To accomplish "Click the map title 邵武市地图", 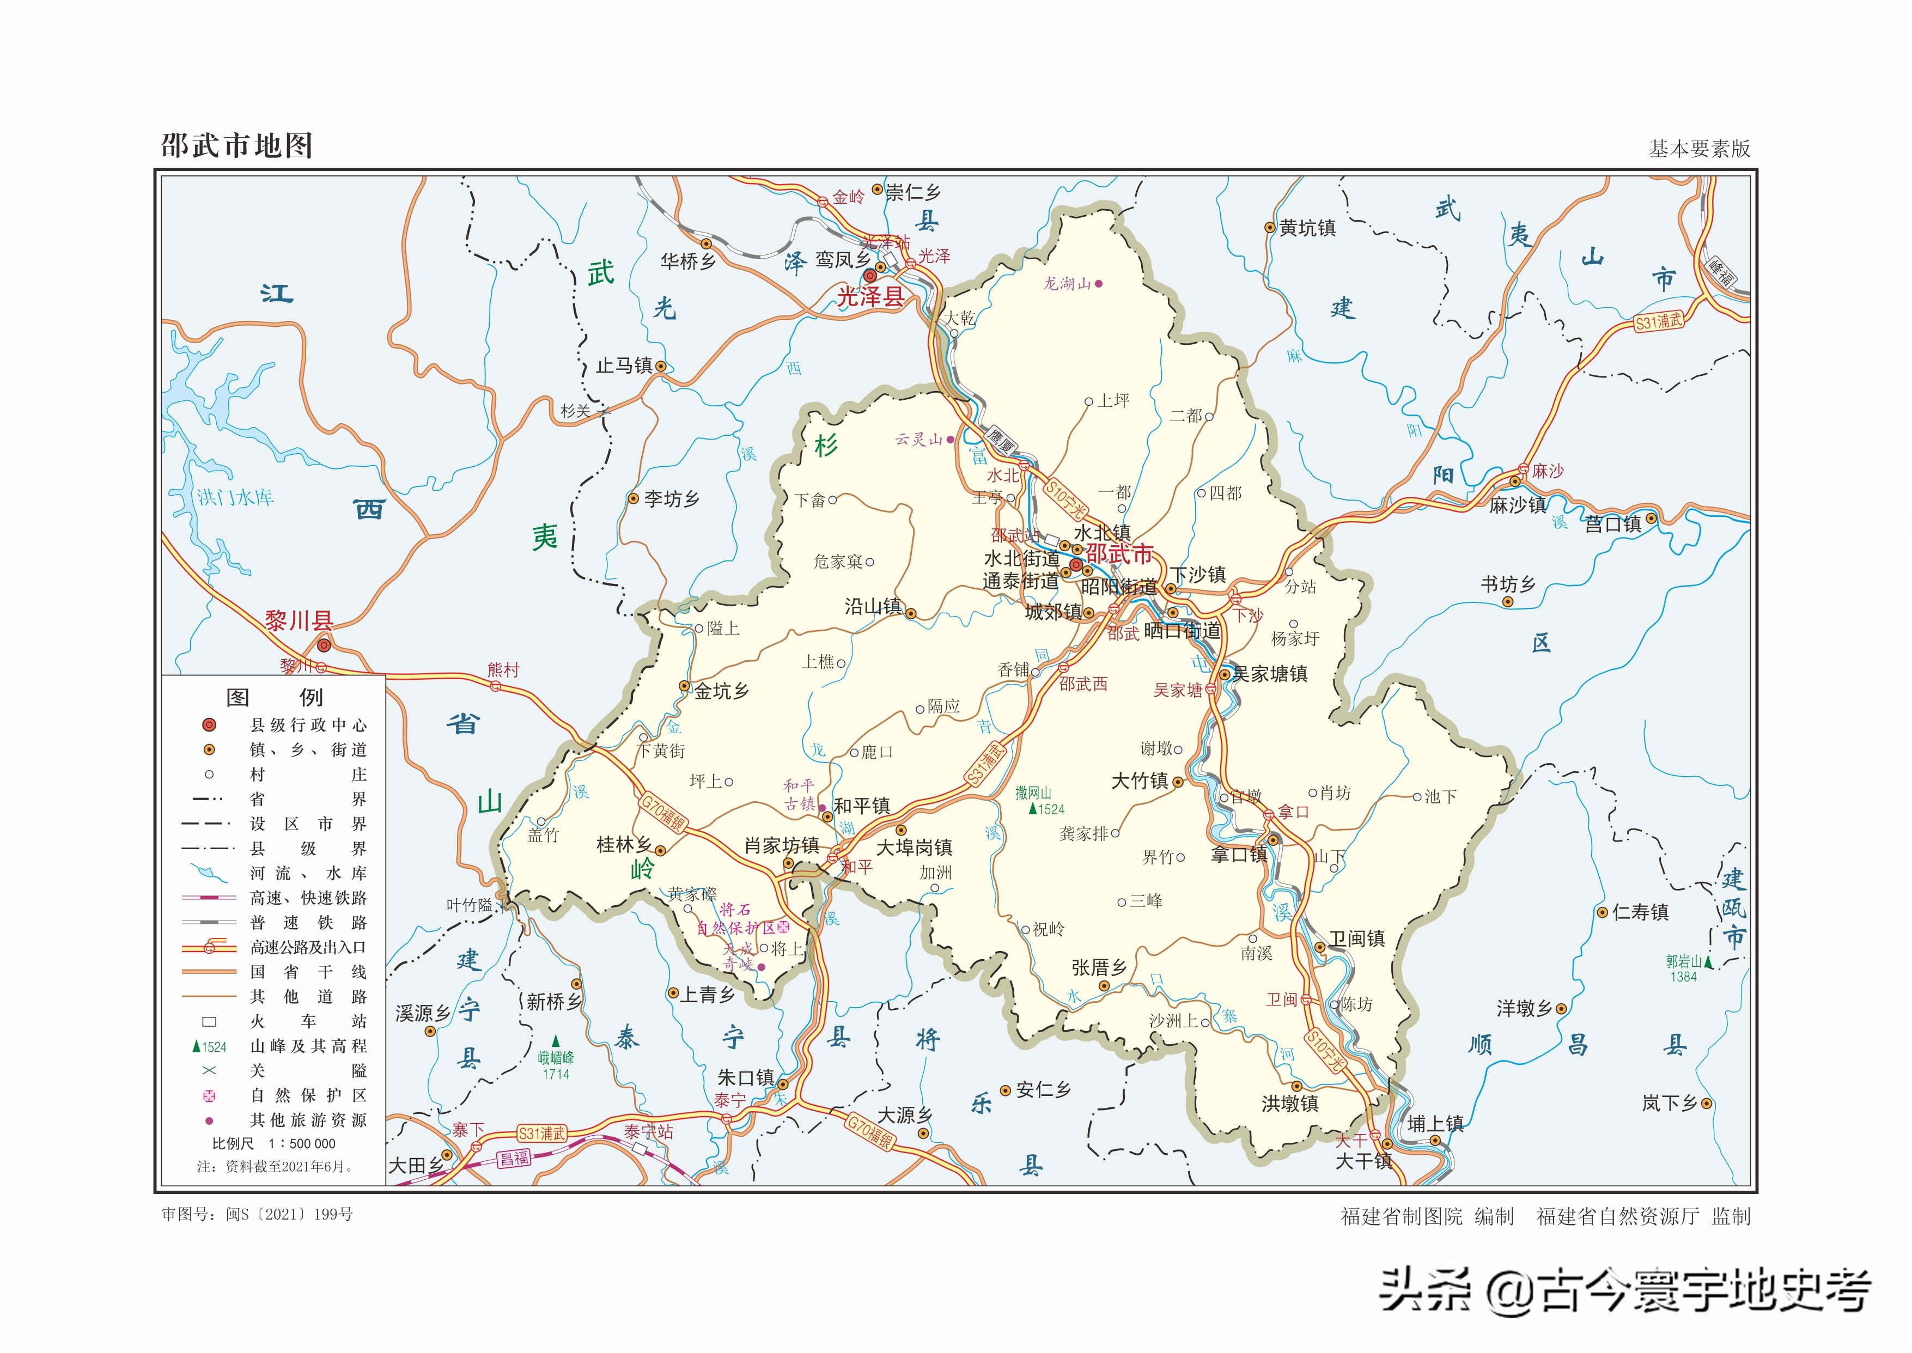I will click(236, 146).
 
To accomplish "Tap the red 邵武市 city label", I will click(1119, 554).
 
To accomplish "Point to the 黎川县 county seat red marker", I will click(324, 645).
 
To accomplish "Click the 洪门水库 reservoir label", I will click(235, 497).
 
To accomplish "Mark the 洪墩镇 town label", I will click(1290, 1104).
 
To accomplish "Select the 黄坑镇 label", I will click(1307, 228).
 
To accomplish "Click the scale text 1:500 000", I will click(302, 1144).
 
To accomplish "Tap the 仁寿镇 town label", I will click(1640, 912).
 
